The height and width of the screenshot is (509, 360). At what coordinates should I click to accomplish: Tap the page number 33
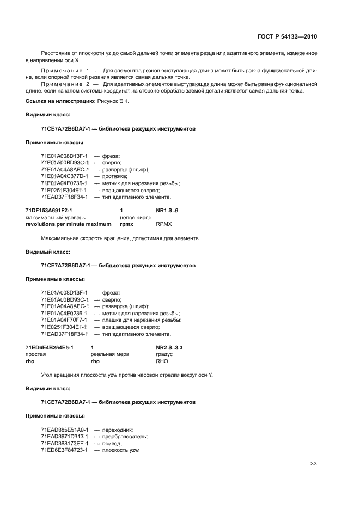(313, 464)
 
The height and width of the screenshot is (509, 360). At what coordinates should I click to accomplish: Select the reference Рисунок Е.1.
(113, 102)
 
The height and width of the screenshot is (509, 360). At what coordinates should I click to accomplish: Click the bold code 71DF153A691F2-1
(49, 210)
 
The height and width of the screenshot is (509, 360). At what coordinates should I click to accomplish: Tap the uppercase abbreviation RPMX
(164, 224)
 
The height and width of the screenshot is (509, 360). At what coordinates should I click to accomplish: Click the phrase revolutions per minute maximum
(68, 224)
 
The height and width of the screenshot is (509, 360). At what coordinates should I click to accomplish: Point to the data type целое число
(136, 217)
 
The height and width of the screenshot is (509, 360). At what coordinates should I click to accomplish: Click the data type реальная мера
(110, 354)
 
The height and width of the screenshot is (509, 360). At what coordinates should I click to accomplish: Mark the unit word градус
(164, 354)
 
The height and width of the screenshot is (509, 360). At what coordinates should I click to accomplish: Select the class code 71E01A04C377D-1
(64, 176)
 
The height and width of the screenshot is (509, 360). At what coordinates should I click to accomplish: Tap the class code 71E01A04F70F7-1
(64, 320)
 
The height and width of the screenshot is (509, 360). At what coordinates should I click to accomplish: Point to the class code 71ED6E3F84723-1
(64, 450)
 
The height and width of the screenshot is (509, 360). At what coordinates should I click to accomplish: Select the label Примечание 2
(65, 84)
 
